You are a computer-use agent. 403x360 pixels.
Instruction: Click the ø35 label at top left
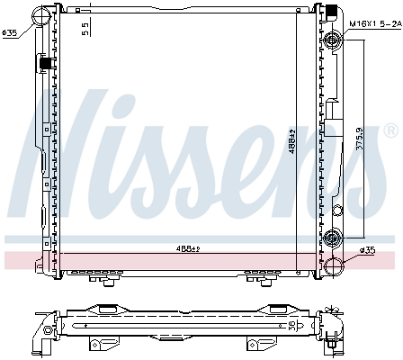tap(10, 33)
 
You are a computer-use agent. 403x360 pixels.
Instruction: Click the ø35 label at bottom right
tap(366, 250)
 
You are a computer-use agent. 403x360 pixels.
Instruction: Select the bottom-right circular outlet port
tap(334, 267)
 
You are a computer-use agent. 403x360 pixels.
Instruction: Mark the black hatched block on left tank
tap(42, 64)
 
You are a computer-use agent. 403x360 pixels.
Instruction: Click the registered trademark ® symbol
tap(390, 131)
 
